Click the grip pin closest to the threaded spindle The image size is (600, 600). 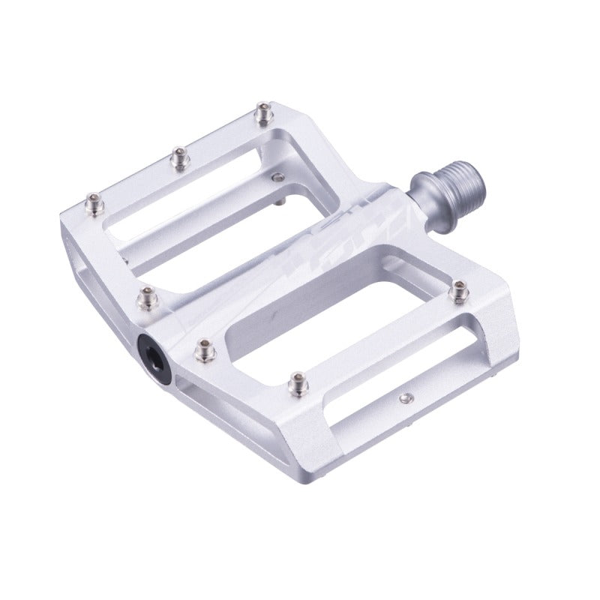coord(262,113)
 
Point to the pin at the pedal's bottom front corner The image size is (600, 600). coord(297,383)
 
